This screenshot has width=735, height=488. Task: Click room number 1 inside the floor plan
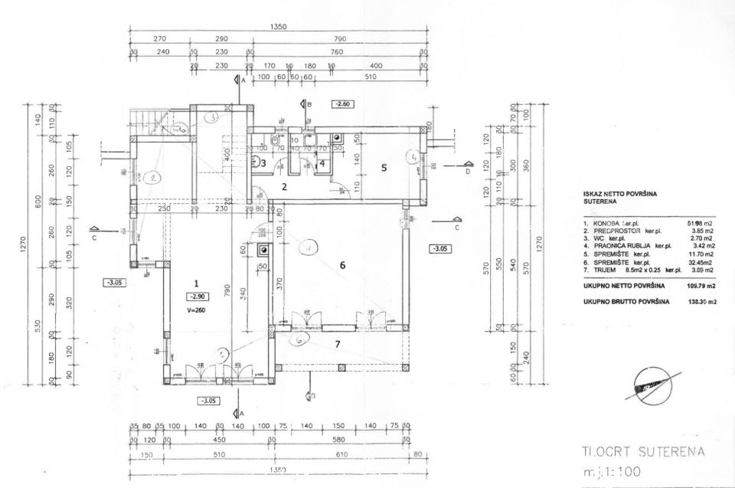pyautogui.click(x=197, y=283)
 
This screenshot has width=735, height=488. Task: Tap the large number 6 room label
pyautogui.click(x=343, y=265)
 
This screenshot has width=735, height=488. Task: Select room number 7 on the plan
pyautogui.click(x=336, y=344)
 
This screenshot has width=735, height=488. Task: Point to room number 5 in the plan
pyautogui.click(x=385, y=165)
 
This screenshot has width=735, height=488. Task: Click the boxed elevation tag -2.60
pyautogui.click(x=342, y=103)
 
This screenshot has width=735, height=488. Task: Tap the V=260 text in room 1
pyautogui.click(x=197, y=310)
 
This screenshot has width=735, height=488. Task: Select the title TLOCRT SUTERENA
pyautogui.click(x=642, y=452)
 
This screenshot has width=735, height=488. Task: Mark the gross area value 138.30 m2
pyautogui.click(x=701, y=303)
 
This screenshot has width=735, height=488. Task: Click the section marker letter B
pyautogui.click(x=309, y=103)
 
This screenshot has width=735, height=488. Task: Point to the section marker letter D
pyautogui.click(x=468, y=172)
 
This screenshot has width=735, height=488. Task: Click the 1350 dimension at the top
pyautogui.click(x=279, y=27)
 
